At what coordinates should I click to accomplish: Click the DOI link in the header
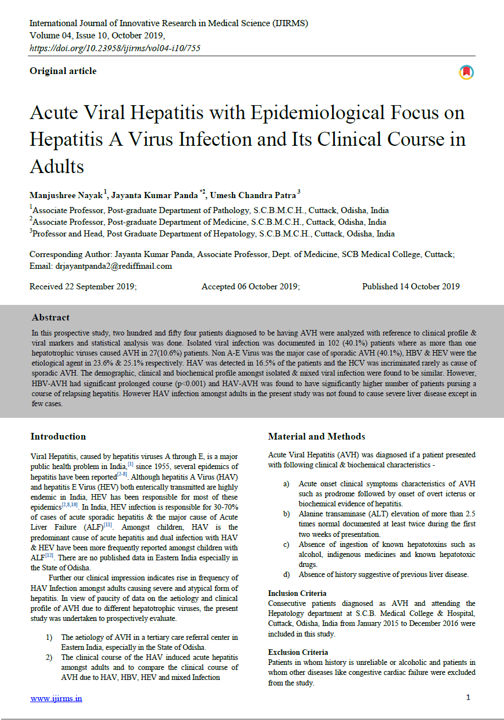pos(115,48)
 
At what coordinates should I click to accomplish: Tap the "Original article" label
pos(63,71)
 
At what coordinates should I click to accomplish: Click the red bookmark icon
pos(466,72)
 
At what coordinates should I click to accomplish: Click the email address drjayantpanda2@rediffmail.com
pos(113,266)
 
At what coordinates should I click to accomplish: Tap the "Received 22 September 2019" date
pos(83,287)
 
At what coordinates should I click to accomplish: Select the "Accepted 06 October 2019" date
pos(250,287)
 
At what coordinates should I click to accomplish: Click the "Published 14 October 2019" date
pos(411,287)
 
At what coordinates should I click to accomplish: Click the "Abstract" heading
pos(51,317)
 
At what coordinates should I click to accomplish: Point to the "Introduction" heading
pos(58,436)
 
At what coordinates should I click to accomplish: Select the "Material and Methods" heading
pos(317,436)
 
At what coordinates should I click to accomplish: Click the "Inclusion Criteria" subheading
pos(297,593)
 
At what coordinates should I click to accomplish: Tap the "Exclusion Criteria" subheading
pos(298,652)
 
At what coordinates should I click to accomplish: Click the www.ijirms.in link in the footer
pos(56,698)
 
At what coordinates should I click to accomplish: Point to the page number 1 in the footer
pos(468,697)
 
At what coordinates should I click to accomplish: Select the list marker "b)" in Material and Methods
pos(286,513)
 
